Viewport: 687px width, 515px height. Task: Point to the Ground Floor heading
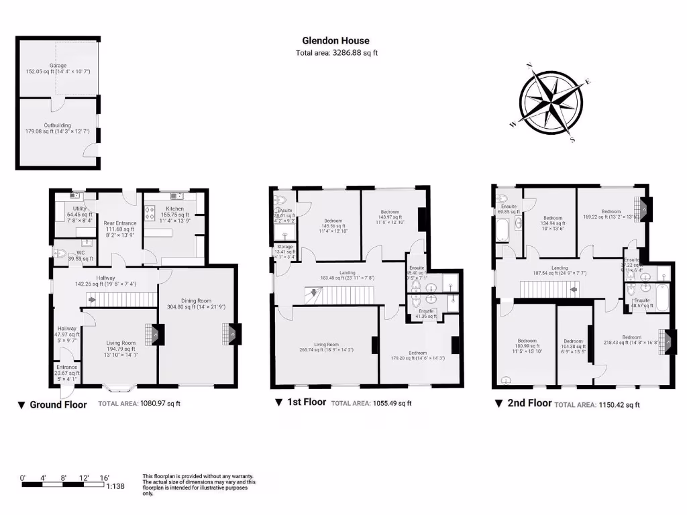tap(57, 404)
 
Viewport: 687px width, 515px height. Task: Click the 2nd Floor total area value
tap(619, 404)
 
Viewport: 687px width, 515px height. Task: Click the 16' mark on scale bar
tap(104, 477)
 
